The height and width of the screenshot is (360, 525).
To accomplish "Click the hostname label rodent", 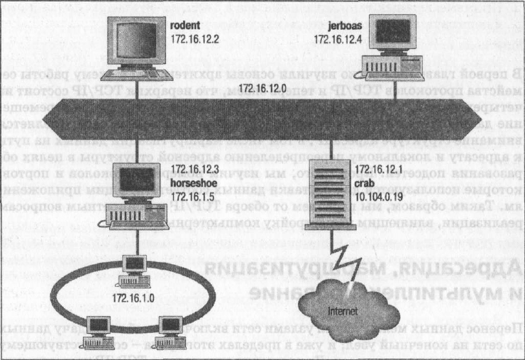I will click(x=185, y=26).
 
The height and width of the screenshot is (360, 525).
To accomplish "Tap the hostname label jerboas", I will click(x=346, y=26).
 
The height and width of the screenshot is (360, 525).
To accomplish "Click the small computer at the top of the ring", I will click(x=131, y=266).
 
